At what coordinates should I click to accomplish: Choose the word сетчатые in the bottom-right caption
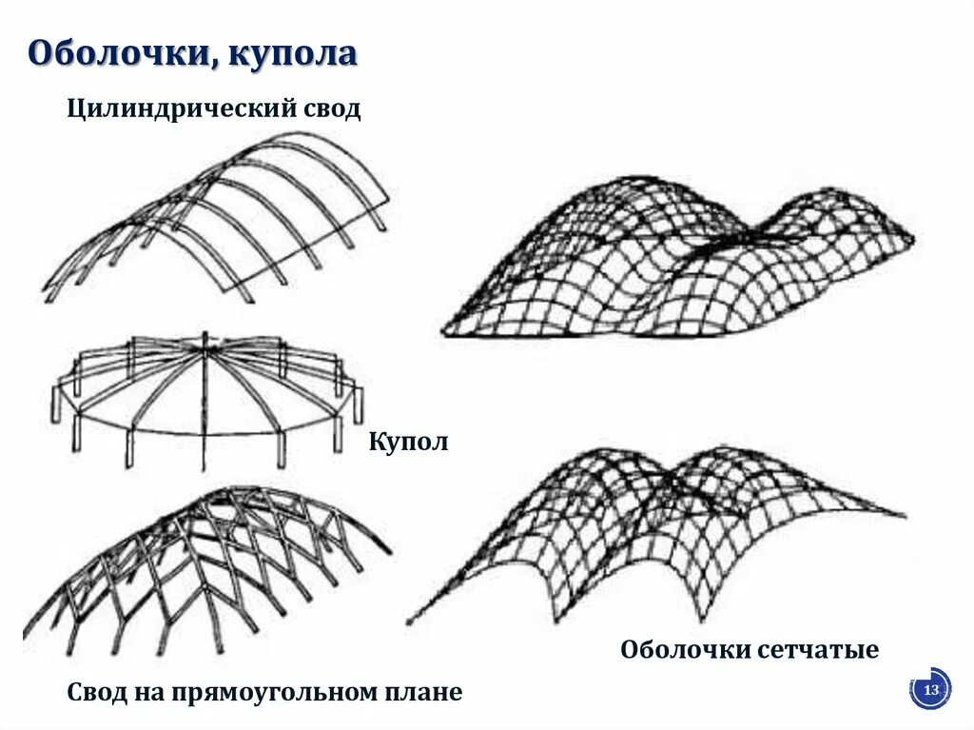pyautogui.click(x=820, y=651)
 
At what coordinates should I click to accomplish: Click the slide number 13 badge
pyautogui.click(x=931, y=690)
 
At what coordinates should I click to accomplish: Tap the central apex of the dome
pyautogui.click(x=204, y=347)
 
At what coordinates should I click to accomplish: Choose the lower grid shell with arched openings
pyautogui.click(x=656, y=533)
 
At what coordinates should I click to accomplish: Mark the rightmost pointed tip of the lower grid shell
pyautogui.click(x=905, y=517)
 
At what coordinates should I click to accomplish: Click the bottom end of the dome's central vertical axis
pyautogui.click(x=204, y=469)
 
